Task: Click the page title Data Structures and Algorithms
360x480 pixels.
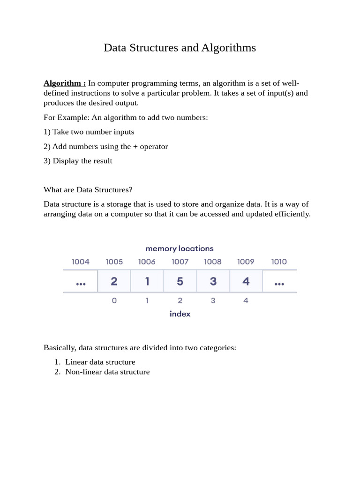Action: [180, 48]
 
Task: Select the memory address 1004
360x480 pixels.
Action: [81, 262]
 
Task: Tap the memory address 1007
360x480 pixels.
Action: [180, 262]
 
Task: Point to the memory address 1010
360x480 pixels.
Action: [279, 262]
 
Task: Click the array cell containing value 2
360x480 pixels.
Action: [114, 281]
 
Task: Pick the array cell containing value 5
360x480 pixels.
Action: [180, 281]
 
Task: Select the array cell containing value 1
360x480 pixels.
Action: [147, 281]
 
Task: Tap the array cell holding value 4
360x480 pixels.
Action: [246, 281]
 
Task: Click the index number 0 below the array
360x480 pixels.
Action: [114, 300]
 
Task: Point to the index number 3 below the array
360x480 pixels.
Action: [213, 300]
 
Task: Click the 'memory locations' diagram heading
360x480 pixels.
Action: [180, 248]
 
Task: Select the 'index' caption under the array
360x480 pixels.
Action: [180, 314]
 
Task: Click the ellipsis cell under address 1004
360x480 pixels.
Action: [81, 282]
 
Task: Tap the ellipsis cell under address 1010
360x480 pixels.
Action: [279, 282]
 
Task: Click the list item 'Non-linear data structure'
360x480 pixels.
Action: [107, 372]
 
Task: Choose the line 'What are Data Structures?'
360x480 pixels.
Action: [88, 189]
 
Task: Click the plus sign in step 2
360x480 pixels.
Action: [135, 146]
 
